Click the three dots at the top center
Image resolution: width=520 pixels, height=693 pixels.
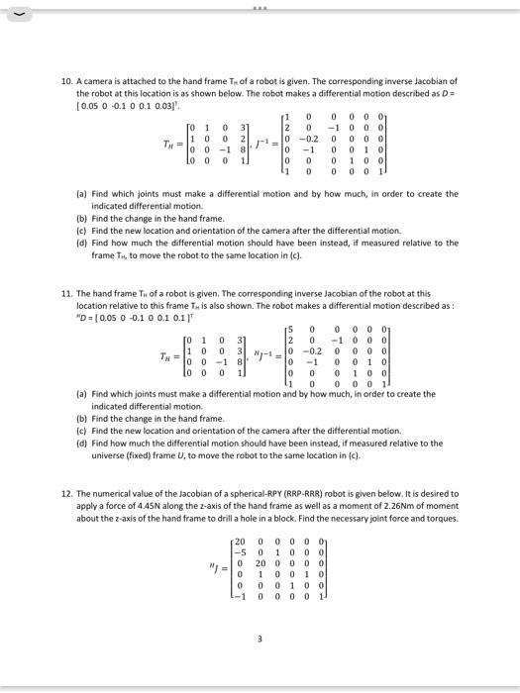(x=260, y=4)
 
